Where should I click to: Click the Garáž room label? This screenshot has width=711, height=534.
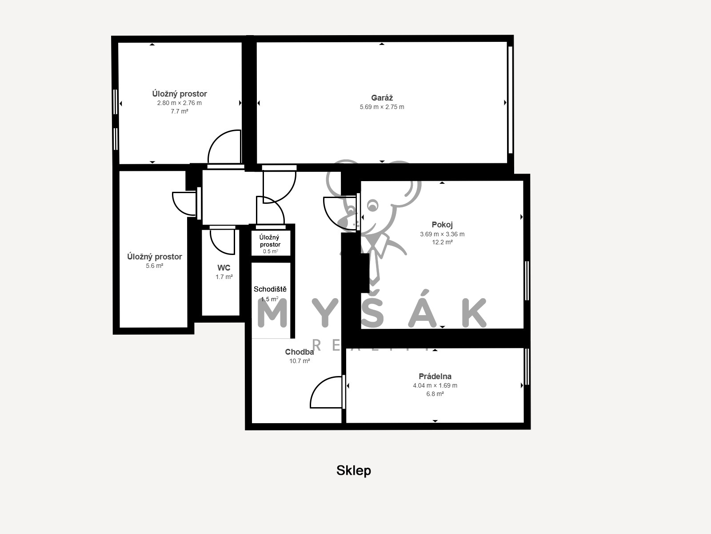point(382,97)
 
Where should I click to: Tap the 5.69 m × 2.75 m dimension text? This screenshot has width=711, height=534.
point(382,107)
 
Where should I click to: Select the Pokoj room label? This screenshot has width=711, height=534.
point(442,224)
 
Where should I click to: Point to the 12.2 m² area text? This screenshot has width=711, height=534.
point(442,242)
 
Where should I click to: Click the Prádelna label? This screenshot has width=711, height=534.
point(435,376)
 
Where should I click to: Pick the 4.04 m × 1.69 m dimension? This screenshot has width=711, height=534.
point(435,385)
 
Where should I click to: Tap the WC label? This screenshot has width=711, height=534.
point(224,268)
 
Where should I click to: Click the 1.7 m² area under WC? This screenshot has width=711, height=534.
point(224,277)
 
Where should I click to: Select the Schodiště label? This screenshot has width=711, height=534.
point(270,289)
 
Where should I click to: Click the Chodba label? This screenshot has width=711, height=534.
point(300,352)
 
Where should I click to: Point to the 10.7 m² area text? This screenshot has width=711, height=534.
point(300,361)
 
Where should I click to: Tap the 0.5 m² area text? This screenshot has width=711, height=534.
point(271,251)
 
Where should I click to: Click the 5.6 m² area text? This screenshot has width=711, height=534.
point(155,266)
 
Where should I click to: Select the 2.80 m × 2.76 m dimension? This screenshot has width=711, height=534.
point(180,103)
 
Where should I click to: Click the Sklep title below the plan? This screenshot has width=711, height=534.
point(354,470)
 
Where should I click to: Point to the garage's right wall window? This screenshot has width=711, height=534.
point(510,100)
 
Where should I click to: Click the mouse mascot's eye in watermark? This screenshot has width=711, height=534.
point(373,206)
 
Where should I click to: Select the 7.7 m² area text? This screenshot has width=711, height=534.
point(180,112)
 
